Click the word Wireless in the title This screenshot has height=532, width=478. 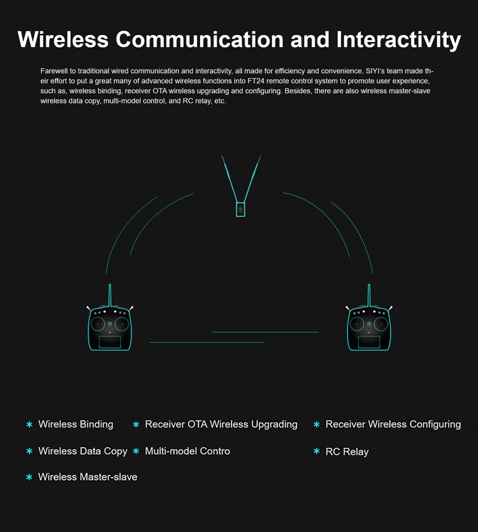(x=63, y=40)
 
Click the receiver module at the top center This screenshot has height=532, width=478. (x=240, y=209)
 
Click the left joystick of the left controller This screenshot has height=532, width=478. (x=98, y=324)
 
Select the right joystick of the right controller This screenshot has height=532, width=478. (x=381, y=324)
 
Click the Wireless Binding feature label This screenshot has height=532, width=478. (x=76, y=424)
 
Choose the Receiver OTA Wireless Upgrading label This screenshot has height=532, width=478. (x=221, y=424)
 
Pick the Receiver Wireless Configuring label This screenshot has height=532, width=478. (x=393, y=424)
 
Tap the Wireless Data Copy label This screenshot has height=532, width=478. (x=83, y=451)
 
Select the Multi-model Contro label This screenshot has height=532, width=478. (x=187, y=451)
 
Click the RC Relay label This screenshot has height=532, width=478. (x=347, y=452)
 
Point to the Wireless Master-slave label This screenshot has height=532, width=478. (x=87, y=477)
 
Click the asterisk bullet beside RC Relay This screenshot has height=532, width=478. (x=316, y=452)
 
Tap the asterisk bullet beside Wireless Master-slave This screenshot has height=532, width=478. (x=29, y=477)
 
